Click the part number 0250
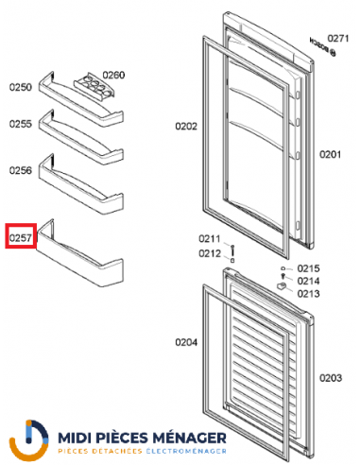[21, 87]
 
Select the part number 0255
[21, 124]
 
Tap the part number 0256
[21, 170]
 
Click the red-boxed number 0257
[21, 238]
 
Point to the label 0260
[113, 75]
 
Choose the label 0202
[185, 125]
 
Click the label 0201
[329, 154]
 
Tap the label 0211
[209, 238]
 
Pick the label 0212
[209, 252]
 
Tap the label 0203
[330, 378]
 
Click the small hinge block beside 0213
[281, 284]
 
